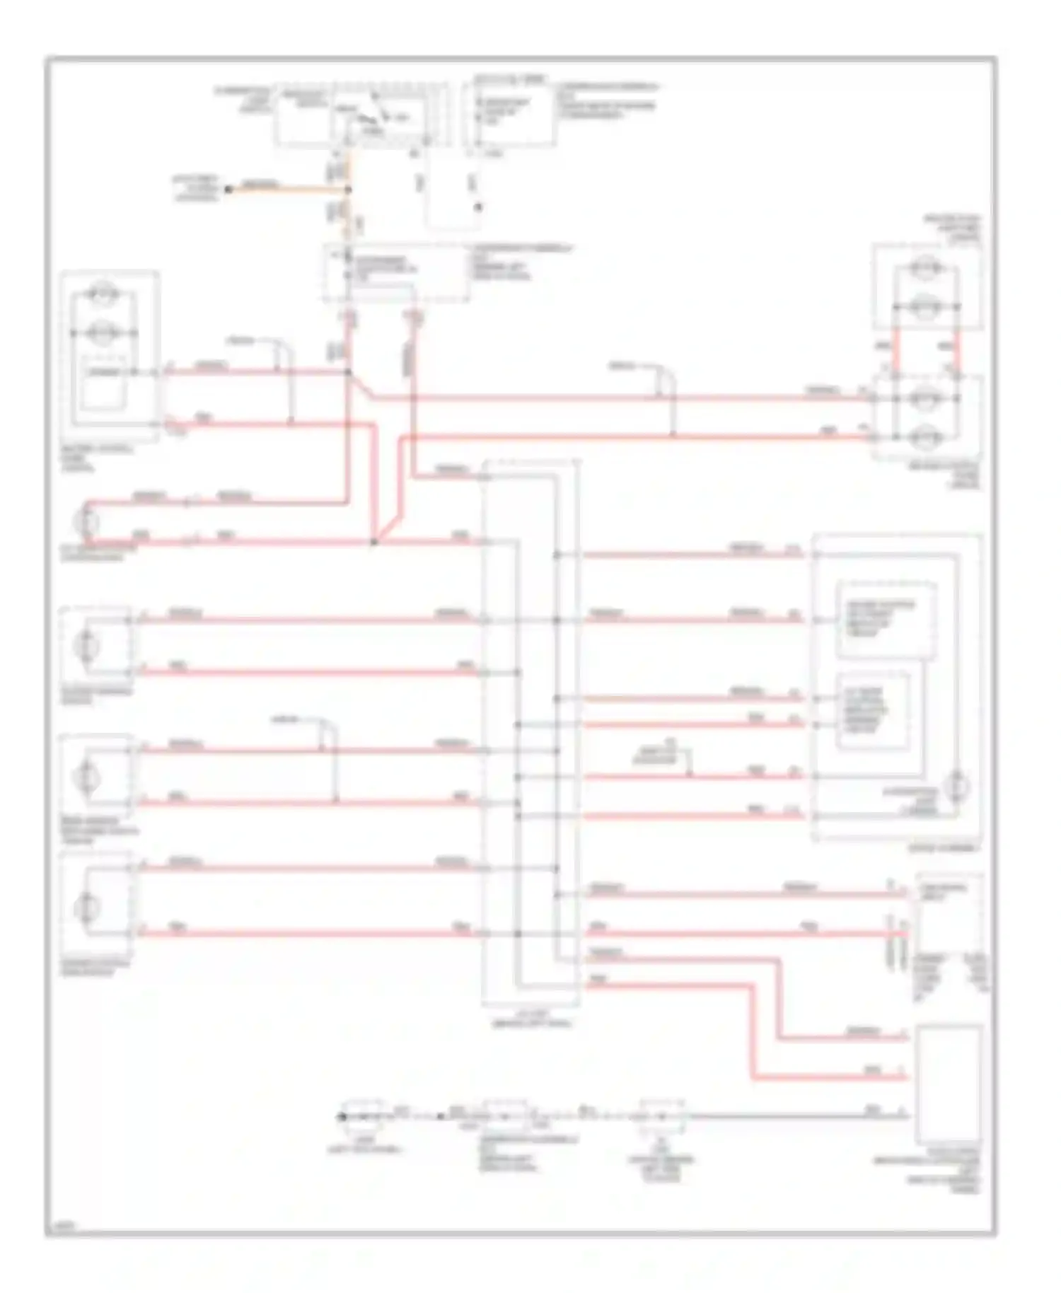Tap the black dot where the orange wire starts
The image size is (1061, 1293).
pyautogui.click(x=228, y=190)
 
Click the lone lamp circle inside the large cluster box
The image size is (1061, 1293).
pyautogui.click(x=957, y=785)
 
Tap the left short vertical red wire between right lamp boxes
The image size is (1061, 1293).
pyautogui.click(x=895, y=352)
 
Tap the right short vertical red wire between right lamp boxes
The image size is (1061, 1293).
pyautogui.click(x=957, y=352)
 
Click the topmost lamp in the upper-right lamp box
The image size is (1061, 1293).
pyautogui.click(x=922, y=268)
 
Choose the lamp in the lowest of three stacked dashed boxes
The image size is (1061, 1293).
pyautogui.click(x=88, y=904)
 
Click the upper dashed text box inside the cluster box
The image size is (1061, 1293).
pyautogui.click(x=886, y=619)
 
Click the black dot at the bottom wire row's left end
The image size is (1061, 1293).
pyautogui.click(x=341, y=1117)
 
